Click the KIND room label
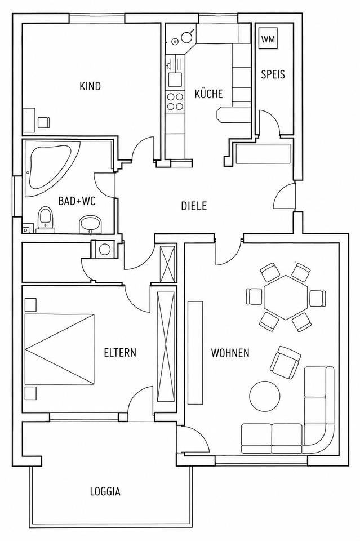pos(90,86)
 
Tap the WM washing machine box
pos(268,39)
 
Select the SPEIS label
pos(273,74)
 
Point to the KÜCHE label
pos(208,94)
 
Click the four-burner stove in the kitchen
pos(175,101)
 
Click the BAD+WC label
pos(77,201)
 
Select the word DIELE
pos(194,206)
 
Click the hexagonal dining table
pos(286,297)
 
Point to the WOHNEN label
pos(230,353)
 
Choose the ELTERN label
pos(120,353)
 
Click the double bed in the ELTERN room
pos(59,348)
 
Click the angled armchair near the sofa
pos(286,362)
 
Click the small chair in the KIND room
pos(43,122)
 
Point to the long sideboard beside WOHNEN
pos(195,352)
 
